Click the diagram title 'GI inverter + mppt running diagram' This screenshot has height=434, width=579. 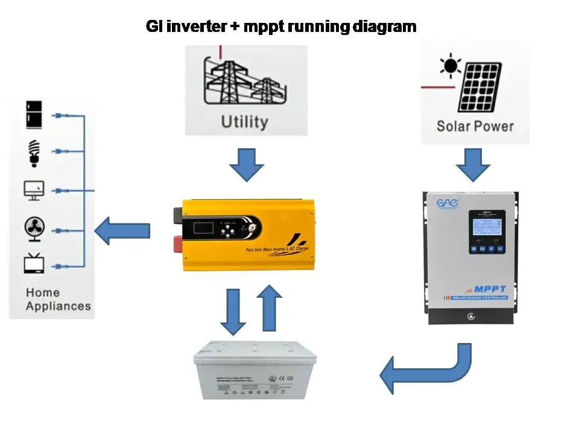tap(281, 27)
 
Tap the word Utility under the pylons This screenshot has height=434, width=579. tap(244, 121)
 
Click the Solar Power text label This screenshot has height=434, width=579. tap(475, 126)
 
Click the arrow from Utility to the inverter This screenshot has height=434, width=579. tap(247, 165)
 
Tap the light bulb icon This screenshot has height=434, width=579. tap(34, 153)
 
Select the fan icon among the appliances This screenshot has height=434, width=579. tap(34, 229)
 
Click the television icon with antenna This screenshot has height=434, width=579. tap(34, 263)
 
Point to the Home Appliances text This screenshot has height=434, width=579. tap(58, 299)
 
